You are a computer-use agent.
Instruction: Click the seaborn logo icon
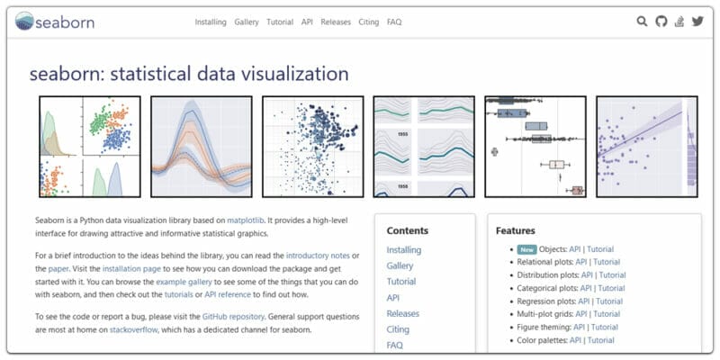[24, 21]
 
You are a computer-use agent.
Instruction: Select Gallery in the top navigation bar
[247, 22]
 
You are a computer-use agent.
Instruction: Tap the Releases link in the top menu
[336, 22]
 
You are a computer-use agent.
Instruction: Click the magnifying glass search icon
[642, 21]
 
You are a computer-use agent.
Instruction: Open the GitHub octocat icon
[661, 21]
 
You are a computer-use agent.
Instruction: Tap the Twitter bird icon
[697, 21]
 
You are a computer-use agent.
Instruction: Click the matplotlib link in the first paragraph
[246, 220]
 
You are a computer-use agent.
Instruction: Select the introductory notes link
[318, 256]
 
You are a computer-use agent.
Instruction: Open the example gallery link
[184, 282]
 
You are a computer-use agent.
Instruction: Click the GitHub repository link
[233, 317]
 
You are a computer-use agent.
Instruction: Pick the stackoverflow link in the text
[133, 329]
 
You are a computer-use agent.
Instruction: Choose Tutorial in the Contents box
[400, 282]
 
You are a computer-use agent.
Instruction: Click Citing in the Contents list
[398, 329]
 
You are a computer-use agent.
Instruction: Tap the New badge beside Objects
[526, 249]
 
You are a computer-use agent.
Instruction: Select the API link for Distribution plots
[587, 275]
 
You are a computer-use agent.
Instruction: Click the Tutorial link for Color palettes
[601, 340]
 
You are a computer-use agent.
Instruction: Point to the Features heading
[516, 230]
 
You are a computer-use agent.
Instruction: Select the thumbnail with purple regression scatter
[646, 147]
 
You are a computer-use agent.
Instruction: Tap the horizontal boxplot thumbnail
[535, 147]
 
